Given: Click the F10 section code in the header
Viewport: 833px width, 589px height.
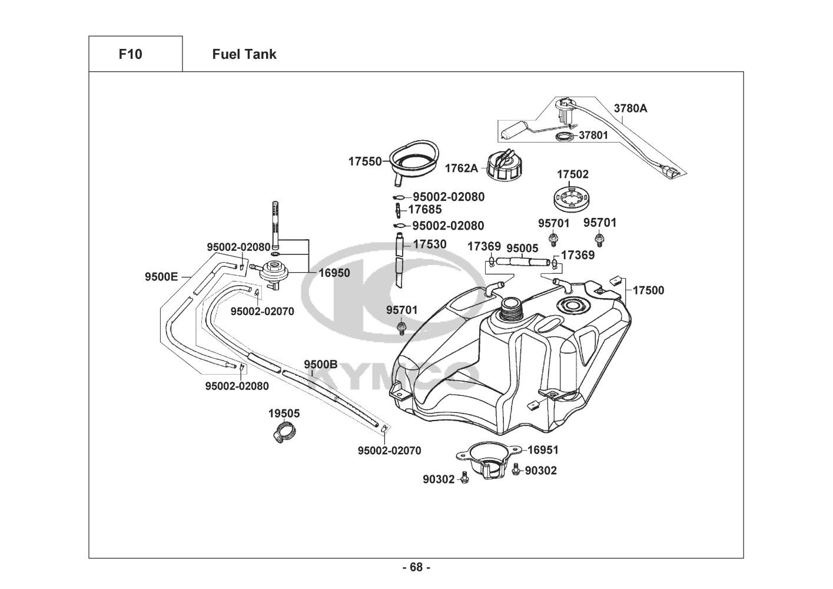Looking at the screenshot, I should pyautogui.click(x=130, y=54).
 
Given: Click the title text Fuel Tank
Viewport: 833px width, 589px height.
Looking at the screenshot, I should pyautogui.click(x=244, y=54).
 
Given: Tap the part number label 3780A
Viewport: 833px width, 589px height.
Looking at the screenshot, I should pyautogui.click(x=630, y=108).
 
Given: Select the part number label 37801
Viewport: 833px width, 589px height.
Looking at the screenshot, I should pyautogui.click(x=593, y=135).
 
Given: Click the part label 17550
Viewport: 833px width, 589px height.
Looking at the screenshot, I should pyautogui.click(x=365, y=161).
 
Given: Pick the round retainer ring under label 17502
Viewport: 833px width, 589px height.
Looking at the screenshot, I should pyautogui.click(x=572, y=198).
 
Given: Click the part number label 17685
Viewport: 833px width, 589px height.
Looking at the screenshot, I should pyautogui.click(x=424, y=209).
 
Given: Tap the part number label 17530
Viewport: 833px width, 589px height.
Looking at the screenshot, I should pyautogui.click(x=429, y=244).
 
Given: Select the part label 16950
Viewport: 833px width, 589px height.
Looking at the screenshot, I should pyautogui.click(x=334, y=273).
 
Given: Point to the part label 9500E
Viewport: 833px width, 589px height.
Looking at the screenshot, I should pyautogui.click(x=161, y=276).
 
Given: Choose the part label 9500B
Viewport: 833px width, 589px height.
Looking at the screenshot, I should pyautogui.click(x=320, y=364).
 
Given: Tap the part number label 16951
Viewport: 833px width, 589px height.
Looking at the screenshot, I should pyautogui.click(x=543, y=450).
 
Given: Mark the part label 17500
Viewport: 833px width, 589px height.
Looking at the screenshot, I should pyautogui.click(x=648, y=290).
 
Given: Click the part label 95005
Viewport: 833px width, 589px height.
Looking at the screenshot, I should pyautogui.click(x=522, y=248).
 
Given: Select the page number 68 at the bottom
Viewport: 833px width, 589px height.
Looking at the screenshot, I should pyautogui.click(x=416, y=567).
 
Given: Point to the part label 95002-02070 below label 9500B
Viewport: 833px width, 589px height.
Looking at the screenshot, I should pyautogui.click(x=389, y=451).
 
